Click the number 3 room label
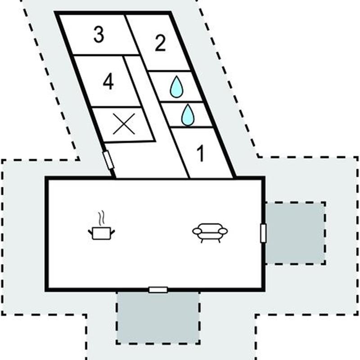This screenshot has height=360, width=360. pos(99,35)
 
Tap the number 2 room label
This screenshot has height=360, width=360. pos(160,43)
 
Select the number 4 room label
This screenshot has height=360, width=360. pos(108,82)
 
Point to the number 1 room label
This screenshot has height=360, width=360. pos(201,153)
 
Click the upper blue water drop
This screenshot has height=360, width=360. pos(176,87)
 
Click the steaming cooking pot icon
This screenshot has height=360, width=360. pos(101,232)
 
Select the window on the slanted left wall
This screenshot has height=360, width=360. pos(108,160)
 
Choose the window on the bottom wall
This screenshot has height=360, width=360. pos(158,290)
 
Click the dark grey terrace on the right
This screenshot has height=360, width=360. pos(295,233)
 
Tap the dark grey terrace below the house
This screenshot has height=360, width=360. pos(158,317)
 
